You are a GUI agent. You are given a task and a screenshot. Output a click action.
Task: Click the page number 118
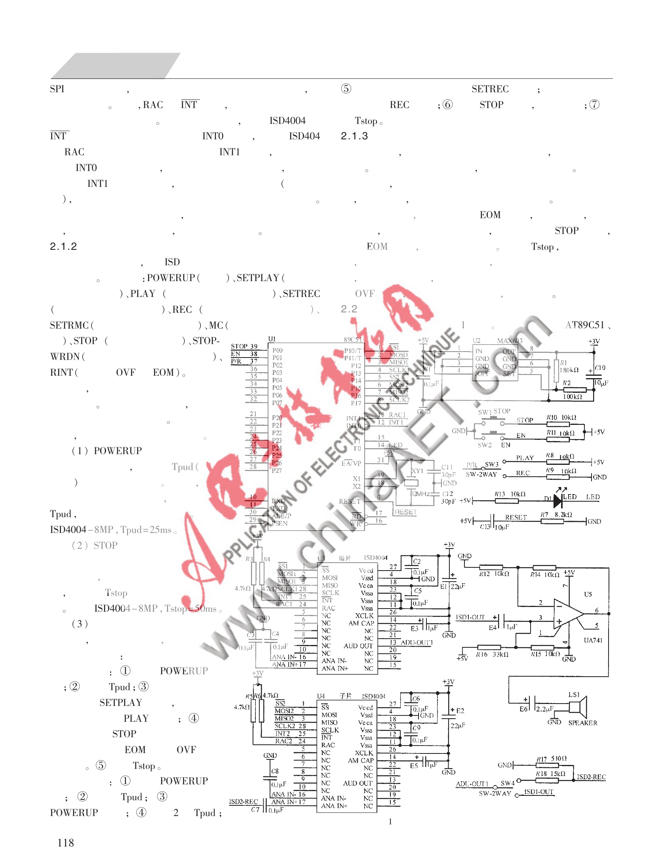point(65,843)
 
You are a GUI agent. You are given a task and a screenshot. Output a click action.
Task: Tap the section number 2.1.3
point(354,136)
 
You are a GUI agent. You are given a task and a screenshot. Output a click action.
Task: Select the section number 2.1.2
point(63,247)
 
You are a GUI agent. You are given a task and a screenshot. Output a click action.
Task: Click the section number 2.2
point(349,309)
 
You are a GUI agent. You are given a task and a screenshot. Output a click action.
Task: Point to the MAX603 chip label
point(510,341)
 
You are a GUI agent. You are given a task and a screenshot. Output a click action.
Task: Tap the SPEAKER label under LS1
point(582,723)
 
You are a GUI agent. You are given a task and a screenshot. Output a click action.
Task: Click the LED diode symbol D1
point(558,501)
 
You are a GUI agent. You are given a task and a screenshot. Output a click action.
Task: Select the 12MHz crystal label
point(420,494)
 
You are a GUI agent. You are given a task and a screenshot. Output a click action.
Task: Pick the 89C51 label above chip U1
point(352,340)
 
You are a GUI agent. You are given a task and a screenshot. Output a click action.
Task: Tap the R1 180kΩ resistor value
point(569,370)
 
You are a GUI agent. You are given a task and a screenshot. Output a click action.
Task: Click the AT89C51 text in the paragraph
point(585,325)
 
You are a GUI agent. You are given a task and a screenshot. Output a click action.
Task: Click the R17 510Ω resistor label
point(551,759)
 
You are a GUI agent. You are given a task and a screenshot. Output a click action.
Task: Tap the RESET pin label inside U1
point(349,501)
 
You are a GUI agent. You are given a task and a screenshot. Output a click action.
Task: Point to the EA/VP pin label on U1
point(351,463)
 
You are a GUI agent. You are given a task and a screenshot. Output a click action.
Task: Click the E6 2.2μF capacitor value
point(545,709)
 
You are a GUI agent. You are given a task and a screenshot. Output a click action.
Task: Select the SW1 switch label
point(485,412)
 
